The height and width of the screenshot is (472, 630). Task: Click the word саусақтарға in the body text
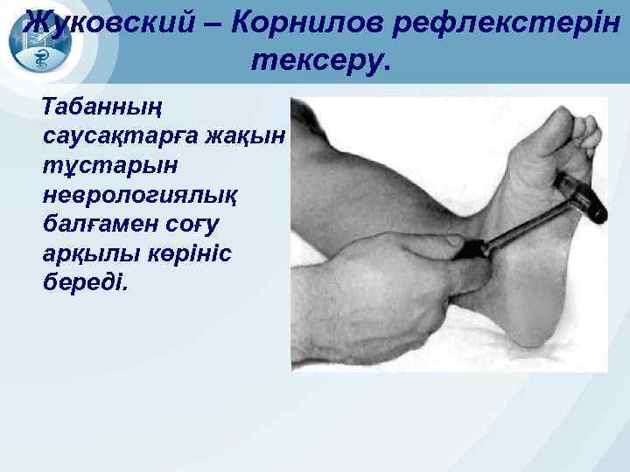tap(119, 138)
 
